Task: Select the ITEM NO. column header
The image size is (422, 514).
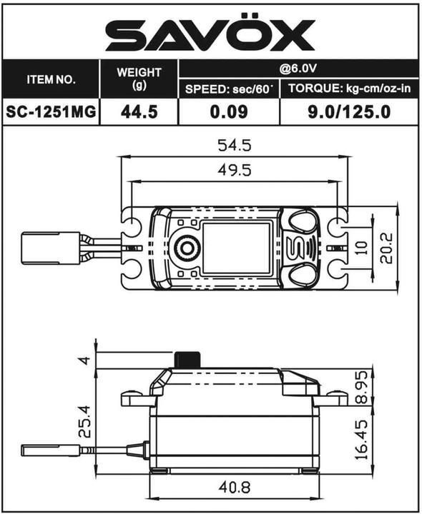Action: point(51,79)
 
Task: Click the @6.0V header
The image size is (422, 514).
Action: point(298,70)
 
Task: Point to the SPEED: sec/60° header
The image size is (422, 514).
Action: point(228,89)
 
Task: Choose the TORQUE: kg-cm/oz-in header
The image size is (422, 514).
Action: point(348,89)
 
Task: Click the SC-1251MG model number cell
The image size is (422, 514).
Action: point(51,112)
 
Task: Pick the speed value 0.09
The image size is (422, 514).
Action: point(228,112)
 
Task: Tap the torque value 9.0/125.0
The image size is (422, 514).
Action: point(348,112)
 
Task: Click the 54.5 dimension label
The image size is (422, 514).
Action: point(234,146)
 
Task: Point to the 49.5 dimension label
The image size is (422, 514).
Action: point(234,172)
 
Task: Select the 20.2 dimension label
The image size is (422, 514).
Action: point(387,247)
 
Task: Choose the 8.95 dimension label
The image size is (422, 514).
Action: point(363,387)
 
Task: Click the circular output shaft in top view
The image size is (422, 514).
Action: point(187,247)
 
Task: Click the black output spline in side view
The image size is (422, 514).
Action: point(187,360)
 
